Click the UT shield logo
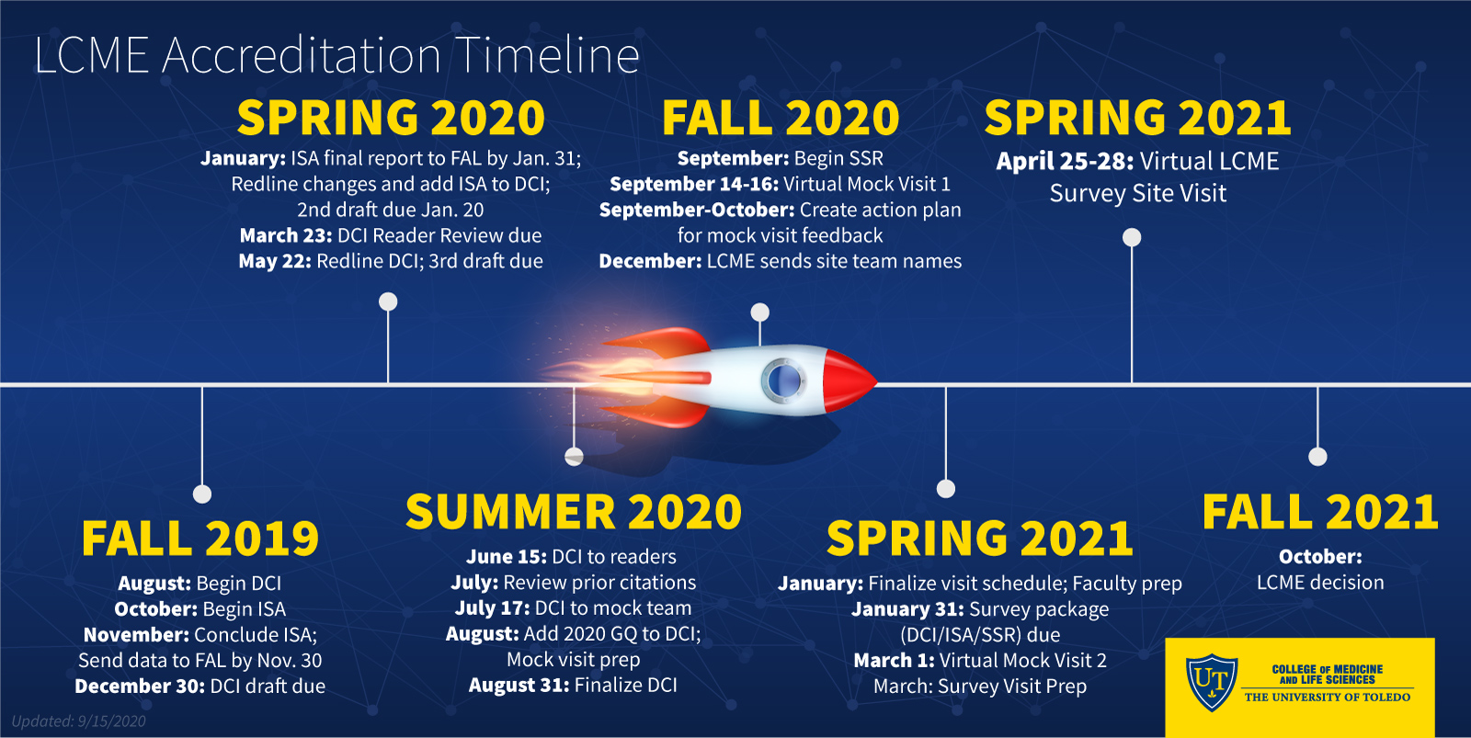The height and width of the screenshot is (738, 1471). [1212, 682]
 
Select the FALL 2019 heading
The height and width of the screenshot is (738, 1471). [200, 539]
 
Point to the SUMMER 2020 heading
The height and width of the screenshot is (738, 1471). [574, 512]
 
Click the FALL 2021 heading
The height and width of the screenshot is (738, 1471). [1320, 512]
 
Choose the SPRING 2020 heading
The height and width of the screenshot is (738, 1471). [391, 118]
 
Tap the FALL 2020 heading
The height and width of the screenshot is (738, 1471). [781, 118]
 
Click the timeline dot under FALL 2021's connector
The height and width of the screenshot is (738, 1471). [1317, 457]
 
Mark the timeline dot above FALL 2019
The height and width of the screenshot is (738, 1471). [202, 494]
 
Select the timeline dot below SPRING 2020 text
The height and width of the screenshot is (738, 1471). [388, 301]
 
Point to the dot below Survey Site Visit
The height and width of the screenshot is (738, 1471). [1132, 237]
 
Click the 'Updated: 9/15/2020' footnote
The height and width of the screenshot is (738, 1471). [79, 721]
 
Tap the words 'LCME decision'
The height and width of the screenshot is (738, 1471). [1320, 583]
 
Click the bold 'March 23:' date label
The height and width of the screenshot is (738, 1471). [286, 235]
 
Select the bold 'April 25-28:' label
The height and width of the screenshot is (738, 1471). [1065, 161]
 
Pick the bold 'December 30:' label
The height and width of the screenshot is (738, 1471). [139, 687]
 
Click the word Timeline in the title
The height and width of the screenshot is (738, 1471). [547, 55]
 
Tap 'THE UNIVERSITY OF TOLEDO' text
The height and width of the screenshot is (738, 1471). [1328, 698]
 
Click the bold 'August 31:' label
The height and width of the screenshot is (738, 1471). [519, 686]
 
